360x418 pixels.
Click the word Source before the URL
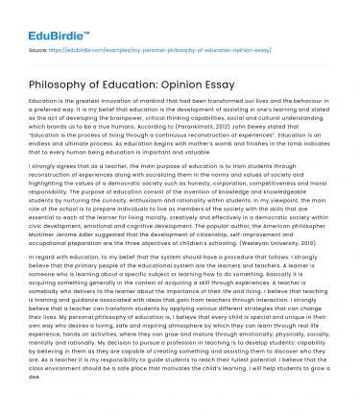(40, 46)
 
